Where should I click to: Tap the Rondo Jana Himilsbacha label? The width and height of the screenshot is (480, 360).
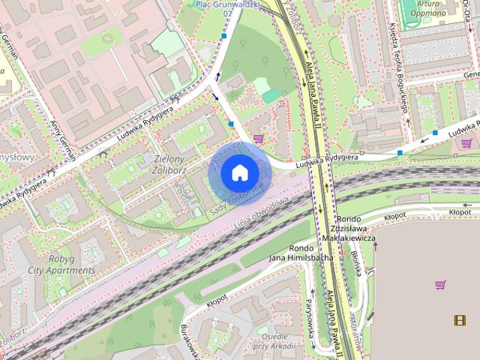coord(300,253)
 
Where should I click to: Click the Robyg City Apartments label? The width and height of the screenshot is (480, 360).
coord(73,265)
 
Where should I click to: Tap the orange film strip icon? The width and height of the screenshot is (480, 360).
coord(459,321)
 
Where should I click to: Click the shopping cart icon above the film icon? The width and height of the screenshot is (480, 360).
coord(440,284)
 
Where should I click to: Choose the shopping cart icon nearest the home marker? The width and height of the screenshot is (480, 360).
coord(259,138)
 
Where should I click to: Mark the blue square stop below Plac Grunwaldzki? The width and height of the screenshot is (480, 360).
coord(223,35)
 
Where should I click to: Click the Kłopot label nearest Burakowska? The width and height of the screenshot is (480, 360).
coord(216,303)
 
